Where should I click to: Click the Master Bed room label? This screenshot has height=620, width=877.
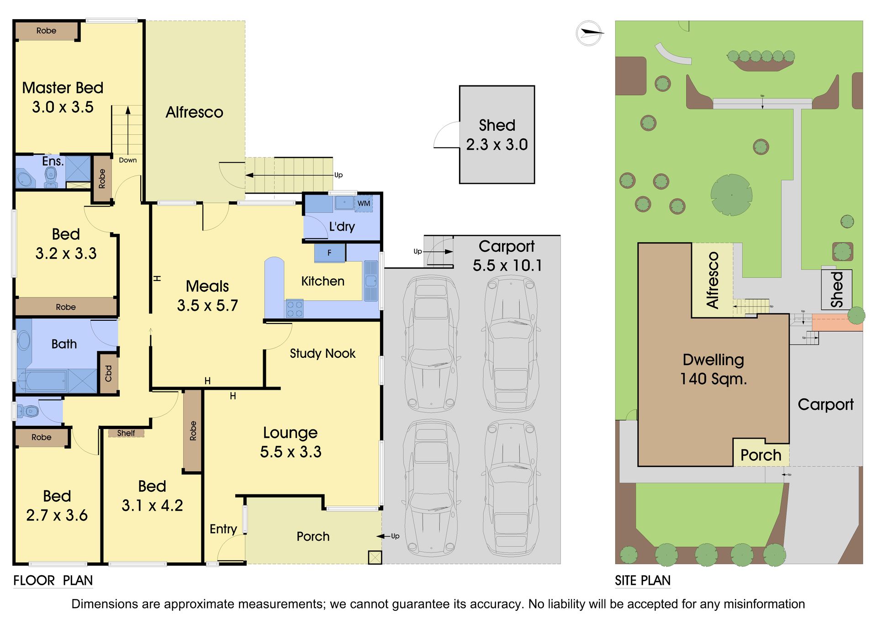coord(63,97)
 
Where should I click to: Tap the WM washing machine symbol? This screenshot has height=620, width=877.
coord(364,203)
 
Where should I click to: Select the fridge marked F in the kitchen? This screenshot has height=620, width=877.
coord(329,253)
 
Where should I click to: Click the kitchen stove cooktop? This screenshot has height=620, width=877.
coord(294,308)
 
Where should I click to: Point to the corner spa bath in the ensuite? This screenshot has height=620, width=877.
coord(25,178)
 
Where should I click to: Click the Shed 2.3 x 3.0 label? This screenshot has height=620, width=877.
coord(497,135)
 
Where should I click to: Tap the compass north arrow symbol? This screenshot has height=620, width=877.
coord(589,33)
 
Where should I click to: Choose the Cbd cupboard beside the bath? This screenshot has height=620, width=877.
coord(109,373)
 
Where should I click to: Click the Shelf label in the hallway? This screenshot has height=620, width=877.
coord(126,433)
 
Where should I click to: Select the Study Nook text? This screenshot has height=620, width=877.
coord(322,353)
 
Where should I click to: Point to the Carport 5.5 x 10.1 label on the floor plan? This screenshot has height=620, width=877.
coord(507,256)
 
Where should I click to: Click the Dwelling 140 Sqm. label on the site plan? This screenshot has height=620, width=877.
coord(713,369)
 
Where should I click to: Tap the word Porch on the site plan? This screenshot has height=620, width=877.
coord(761,455)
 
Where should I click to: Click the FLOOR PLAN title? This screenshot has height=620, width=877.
coord(53,580)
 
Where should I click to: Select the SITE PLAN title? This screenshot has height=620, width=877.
coord(643,580)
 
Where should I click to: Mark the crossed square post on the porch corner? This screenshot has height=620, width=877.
coord(375,557)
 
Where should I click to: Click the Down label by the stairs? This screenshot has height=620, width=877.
coord(128,160)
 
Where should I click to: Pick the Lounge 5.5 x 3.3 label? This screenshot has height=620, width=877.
coord(291,442)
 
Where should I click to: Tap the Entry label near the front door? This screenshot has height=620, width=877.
coord(223,529)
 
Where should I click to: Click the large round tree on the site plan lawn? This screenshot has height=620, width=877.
coord(732,195)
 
